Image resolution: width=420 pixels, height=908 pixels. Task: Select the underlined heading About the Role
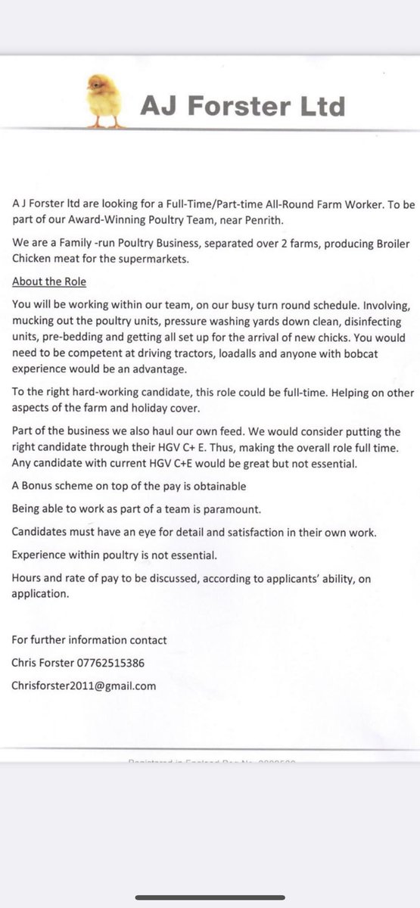click(x=49, y=281)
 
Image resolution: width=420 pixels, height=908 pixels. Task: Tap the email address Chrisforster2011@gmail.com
click(x=83, y=685)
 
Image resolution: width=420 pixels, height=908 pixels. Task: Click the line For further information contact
click(x=89, y=639)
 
